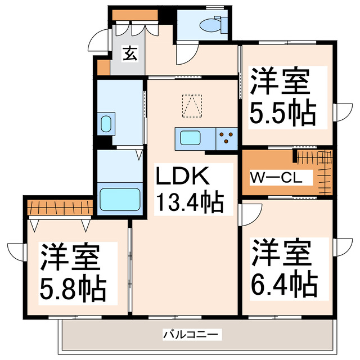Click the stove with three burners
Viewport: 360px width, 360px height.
227,138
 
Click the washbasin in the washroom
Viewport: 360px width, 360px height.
106,124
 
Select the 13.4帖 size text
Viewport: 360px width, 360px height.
190,201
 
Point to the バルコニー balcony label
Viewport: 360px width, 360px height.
184,334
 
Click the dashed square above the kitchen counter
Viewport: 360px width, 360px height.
191,105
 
